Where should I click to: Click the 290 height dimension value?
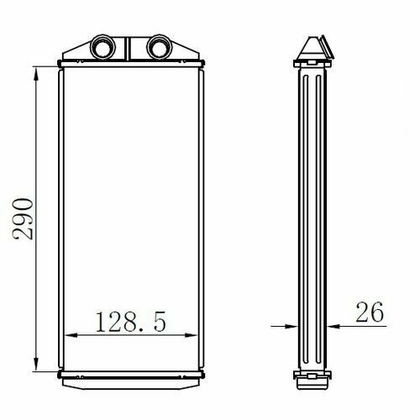tap(23, 218)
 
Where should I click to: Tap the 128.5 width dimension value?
tap(131, 322)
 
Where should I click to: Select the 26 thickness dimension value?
tap(370, 312)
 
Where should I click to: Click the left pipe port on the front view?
tap(102, 47)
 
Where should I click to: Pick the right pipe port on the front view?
tap(160, 47)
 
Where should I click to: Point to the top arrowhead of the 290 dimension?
tap(36, 74)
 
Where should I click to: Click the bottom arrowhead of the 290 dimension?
tap(36, 365)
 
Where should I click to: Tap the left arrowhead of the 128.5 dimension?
tap(71, 335)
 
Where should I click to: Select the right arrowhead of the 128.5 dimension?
tap(192, 335)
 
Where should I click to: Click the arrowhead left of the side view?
tap(291, 326)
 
